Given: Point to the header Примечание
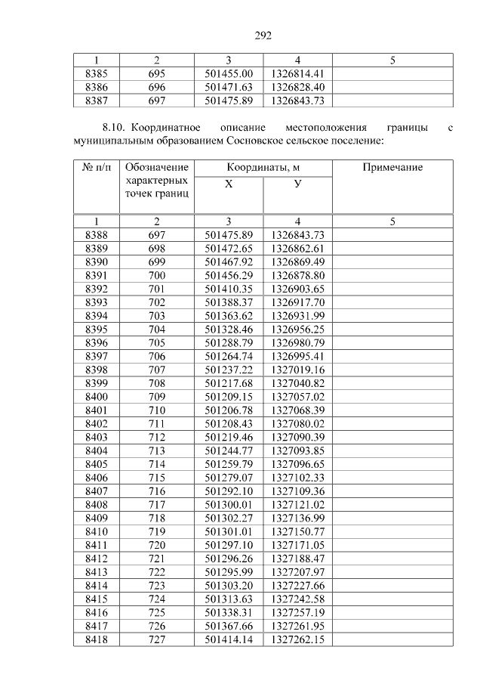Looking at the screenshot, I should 392,167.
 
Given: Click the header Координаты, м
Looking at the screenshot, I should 263,167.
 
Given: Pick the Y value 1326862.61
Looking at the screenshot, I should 297,248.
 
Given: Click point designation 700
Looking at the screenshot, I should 157,275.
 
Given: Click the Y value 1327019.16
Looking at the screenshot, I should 297,370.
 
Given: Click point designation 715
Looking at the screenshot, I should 157,478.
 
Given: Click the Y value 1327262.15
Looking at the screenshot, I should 297,640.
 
